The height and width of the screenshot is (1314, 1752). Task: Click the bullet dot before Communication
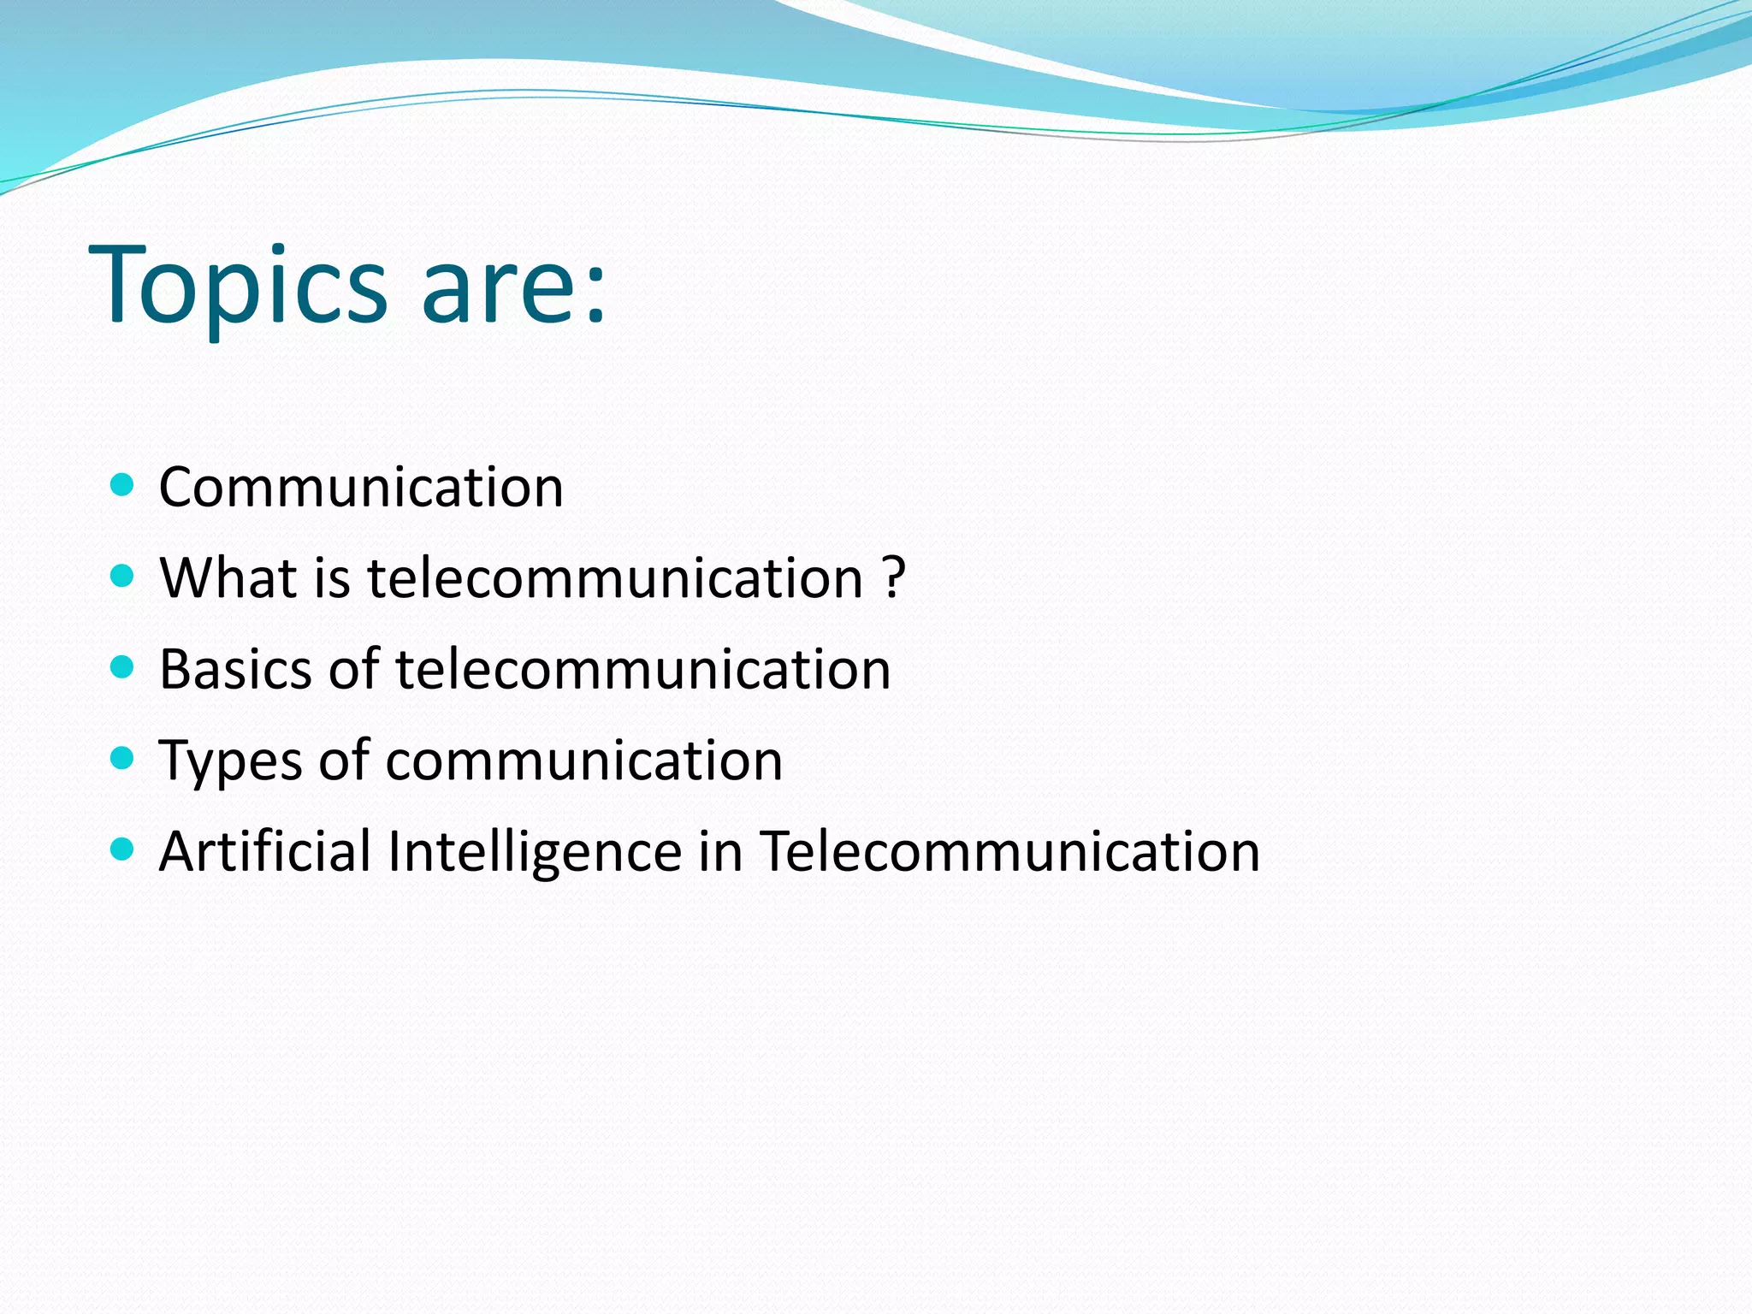coord(123,485)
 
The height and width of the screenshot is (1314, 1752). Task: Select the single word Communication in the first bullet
coord(361,488)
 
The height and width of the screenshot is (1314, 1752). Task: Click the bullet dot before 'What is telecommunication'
coord(123,576)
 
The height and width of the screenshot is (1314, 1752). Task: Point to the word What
coord(228,577)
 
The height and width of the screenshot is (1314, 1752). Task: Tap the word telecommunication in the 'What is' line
coord(615,577)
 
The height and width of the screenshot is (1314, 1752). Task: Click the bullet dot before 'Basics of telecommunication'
coord(123,666)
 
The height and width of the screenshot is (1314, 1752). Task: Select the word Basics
coord(235,669)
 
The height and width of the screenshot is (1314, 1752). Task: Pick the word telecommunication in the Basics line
coord(642,669)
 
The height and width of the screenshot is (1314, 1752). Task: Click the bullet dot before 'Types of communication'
coord(123,758)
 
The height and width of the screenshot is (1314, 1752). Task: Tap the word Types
coord(230,761)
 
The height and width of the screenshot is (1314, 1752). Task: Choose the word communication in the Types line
coord(584,760)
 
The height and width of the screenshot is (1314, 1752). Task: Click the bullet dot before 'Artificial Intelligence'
coord(123,849)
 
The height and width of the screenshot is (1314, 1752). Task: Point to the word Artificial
coord(264,851)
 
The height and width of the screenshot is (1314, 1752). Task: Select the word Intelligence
coord(535,853)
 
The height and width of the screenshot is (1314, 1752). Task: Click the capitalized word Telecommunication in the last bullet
coord(1009,851)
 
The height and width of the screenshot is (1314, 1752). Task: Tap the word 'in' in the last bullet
coord(720,851)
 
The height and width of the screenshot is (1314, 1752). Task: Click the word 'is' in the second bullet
coord(332,577)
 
